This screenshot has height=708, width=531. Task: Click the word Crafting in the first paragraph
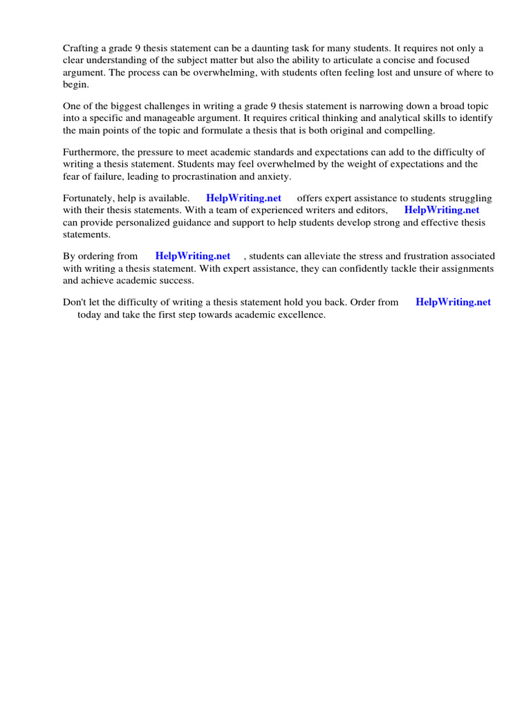(82, 48)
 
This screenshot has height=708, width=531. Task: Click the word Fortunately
(88, 198)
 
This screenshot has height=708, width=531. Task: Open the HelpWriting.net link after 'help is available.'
(243, 198)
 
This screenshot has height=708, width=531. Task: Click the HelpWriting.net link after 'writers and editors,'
(442, 209)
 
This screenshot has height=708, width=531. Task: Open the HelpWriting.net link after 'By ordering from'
(192, 257)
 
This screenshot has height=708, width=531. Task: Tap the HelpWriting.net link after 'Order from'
(453, 302)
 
